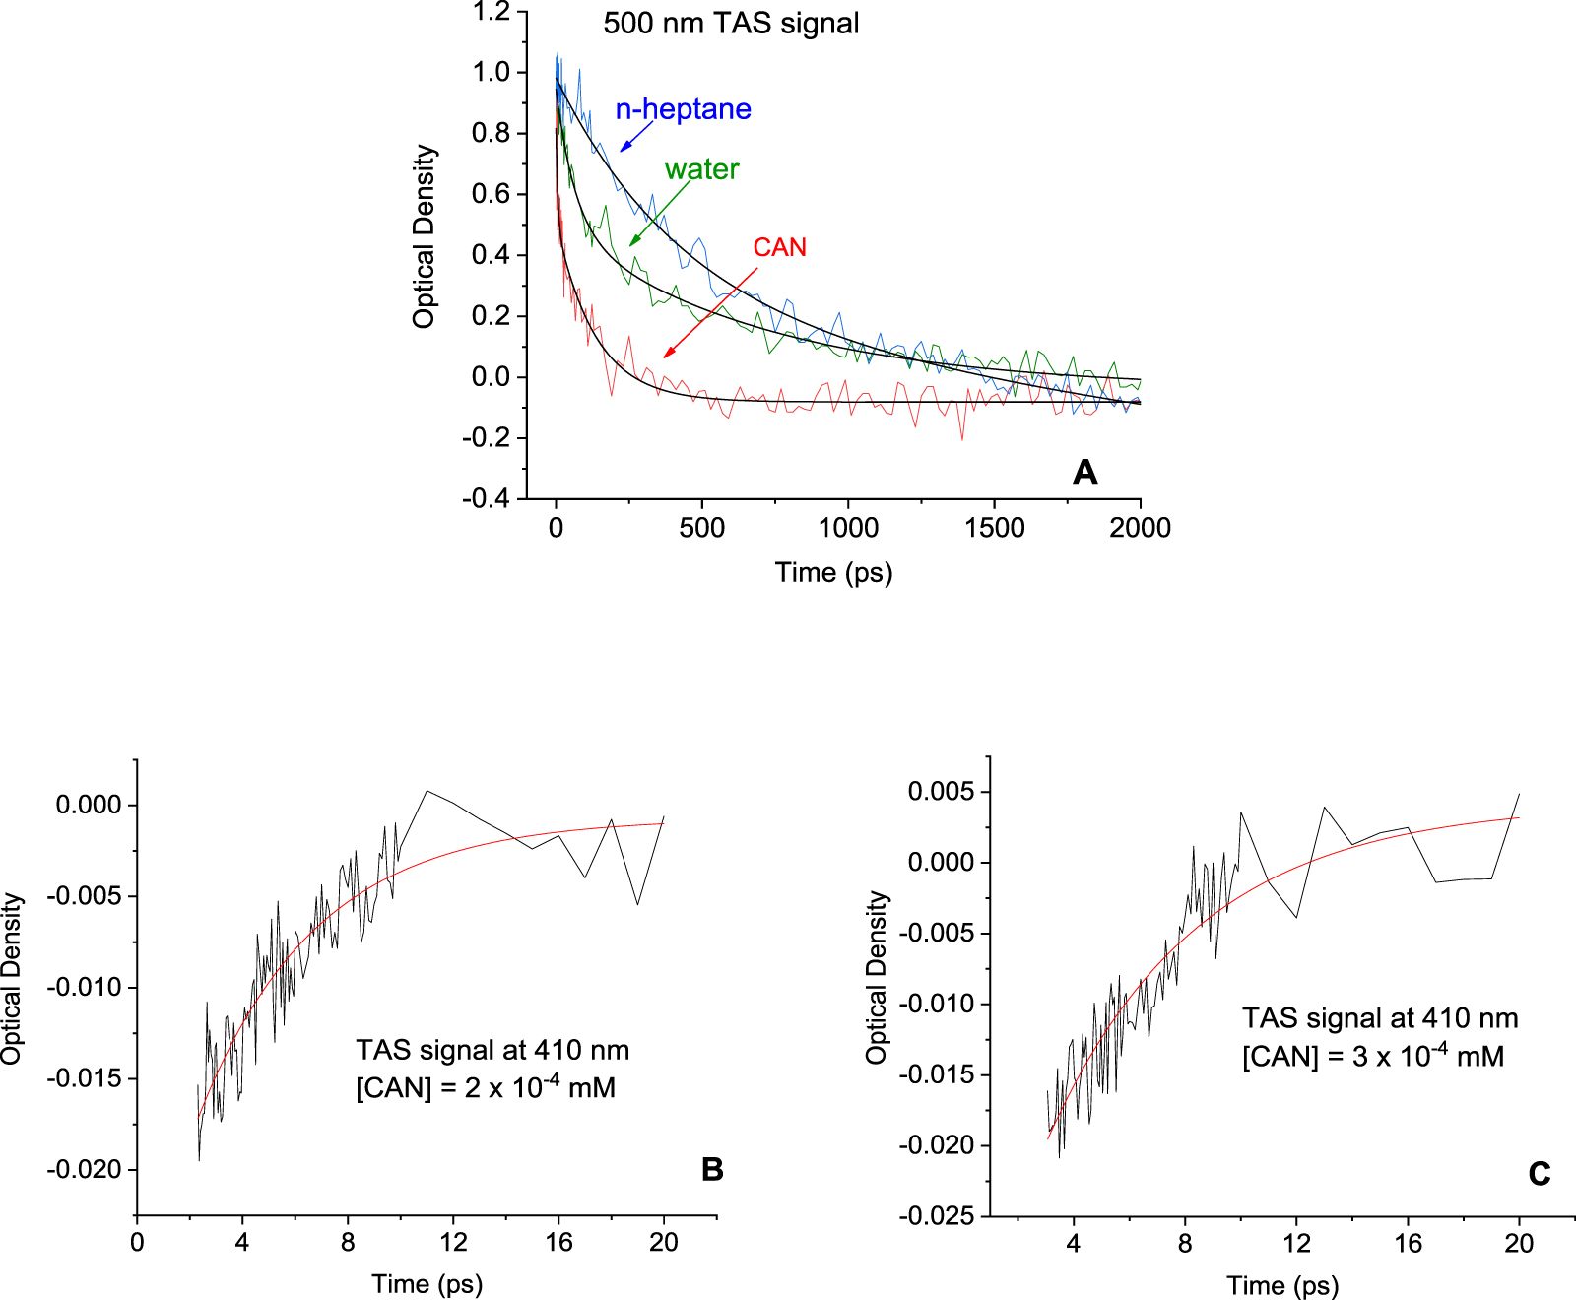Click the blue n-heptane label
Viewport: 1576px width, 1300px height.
tap(683, 109)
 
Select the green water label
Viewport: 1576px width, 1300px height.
tap(701, 169)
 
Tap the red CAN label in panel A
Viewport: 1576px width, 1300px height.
tap(779, 247)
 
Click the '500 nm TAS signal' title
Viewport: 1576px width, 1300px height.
tap(731, 24)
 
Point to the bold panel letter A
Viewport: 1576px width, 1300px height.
tap(1084, 473)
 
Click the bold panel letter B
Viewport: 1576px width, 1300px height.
tap(712, 1169)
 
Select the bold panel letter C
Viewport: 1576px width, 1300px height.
tap(1539, 1174)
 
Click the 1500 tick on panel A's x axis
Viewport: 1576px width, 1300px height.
tap(994, 528)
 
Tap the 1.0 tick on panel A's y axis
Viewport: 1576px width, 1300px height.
tap(491, 72)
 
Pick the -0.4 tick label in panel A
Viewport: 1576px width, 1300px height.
tap(486, 498)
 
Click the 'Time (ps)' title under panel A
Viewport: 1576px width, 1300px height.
tap(833, 572)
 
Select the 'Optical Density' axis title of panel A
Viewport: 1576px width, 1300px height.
tap(424, 236)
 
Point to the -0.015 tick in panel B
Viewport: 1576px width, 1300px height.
tap(84, 1078)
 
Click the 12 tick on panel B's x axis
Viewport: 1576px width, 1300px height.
tap(453, 1242)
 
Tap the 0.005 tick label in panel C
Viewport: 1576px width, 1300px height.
tap(941, 792)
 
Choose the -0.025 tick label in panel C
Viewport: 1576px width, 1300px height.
tap(937, 1216)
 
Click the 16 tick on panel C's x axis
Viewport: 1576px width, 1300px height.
tap(1408, 1244)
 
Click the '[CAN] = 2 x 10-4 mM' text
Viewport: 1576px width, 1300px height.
tap(486, 1088)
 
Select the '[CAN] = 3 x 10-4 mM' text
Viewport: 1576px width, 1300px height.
tap(1372, 1057)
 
